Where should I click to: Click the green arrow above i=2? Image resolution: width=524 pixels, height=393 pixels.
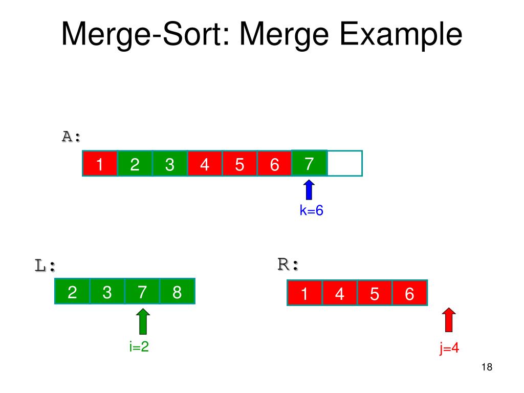[x=144, y=321]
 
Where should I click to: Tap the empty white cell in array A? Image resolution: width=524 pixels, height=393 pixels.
[x=344, y=163]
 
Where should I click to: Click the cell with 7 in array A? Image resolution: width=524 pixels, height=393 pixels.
[x=309, y=163]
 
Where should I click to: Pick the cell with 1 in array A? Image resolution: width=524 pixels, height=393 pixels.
[x=100, y=164]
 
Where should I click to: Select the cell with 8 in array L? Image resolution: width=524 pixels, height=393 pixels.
[x=177, y=292]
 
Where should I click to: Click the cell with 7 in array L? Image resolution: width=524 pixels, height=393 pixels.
[x=142, y=292]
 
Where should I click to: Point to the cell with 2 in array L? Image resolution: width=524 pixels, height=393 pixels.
[x=72, y=292]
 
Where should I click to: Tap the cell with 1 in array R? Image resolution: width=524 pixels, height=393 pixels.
[x=304, y=294]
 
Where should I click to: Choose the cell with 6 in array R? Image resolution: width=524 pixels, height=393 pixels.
[x=409, y=294]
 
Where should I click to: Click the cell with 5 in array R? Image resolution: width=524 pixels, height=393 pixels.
[x=374, y=294]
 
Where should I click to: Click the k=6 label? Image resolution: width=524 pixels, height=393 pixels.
[x=312, y=211]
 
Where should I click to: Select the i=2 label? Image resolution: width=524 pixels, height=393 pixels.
[x=139, y=346]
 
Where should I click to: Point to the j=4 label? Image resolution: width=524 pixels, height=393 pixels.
[x=449, y=348]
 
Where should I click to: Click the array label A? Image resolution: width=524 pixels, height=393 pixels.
[x=72, y=137]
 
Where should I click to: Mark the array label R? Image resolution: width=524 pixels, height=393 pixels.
[x=288, y=265]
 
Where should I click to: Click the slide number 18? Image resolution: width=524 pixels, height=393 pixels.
[x=487, y=367]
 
